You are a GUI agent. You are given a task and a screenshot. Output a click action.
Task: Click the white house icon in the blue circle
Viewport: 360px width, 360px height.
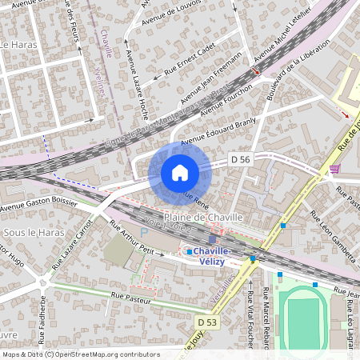tap(180, 173)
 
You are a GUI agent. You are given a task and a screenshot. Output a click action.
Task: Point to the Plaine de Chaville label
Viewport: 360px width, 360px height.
tap(197, 218)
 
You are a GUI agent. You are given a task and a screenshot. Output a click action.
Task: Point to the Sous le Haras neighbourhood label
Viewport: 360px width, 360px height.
tap(29, 232)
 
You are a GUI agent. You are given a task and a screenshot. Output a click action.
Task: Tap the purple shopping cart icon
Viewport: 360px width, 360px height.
tap(334, 169)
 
